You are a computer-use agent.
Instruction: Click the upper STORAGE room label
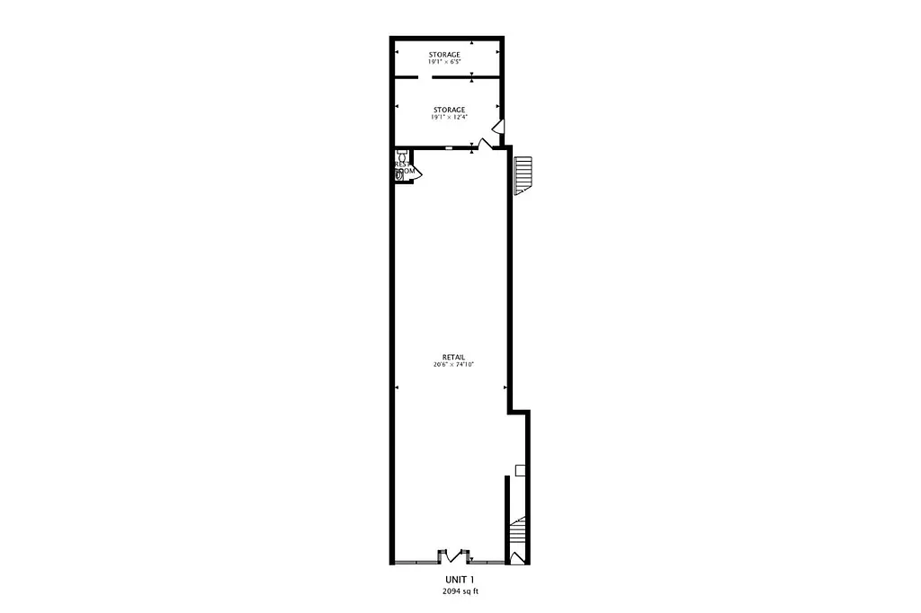click(x=444, y=55)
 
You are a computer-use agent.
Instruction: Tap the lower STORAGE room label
click(x=449, y=110)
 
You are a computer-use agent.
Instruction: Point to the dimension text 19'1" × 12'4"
click(x=449, y=118)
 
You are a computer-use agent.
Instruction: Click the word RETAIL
click(x=453, y=357)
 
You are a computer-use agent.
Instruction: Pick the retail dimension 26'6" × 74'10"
click(x=453, y=365)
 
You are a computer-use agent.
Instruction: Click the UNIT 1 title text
click(x=460, y=580)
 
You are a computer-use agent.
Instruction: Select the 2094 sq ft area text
click(x=460, y=592)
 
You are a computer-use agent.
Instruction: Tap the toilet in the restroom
click(x=399, y=174)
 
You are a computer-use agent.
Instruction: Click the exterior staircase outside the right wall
click(x=523, y=175)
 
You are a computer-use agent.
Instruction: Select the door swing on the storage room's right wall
click(x=497, y=127)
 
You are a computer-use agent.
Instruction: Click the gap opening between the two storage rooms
click(x=425, y=78)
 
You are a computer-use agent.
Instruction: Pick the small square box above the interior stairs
click(x=520, y=469)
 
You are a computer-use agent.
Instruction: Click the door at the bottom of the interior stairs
click(x=515, y=558)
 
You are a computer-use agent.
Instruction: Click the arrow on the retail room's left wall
click(x=397, y=387)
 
